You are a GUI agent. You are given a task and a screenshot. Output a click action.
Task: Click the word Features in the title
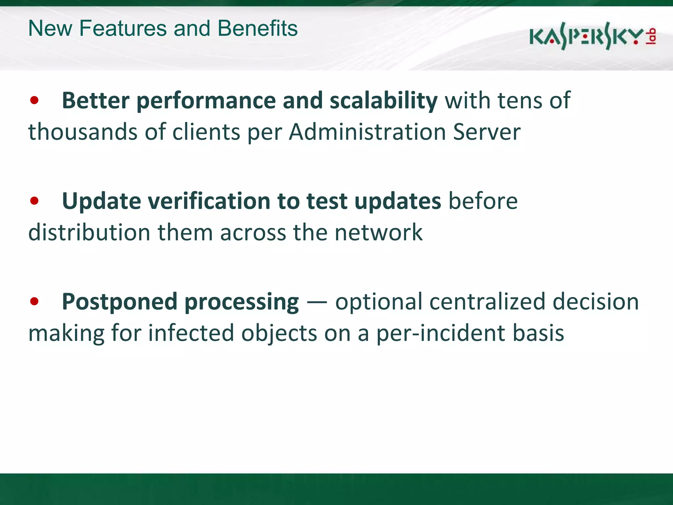coord(123,28)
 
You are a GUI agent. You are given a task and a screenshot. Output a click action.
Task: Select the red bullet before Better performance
coord(34,100)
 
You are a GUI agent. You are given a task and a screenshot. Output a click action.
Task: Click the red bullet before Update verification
coord(34,201)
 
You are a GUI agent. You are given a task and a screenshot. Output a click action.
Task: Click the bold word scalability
coord(383,100)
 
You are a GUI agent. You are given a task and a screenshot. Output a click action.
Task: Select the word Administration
coord(367,132)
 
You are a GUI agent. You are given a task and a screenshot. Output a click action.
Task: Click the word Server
coord(487,132)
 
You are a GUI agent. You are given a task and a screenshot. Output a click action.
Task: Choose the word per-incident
coord(440,333)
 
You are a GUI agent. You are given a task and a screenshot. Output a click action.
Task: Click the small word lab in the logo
coord(651,36)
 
